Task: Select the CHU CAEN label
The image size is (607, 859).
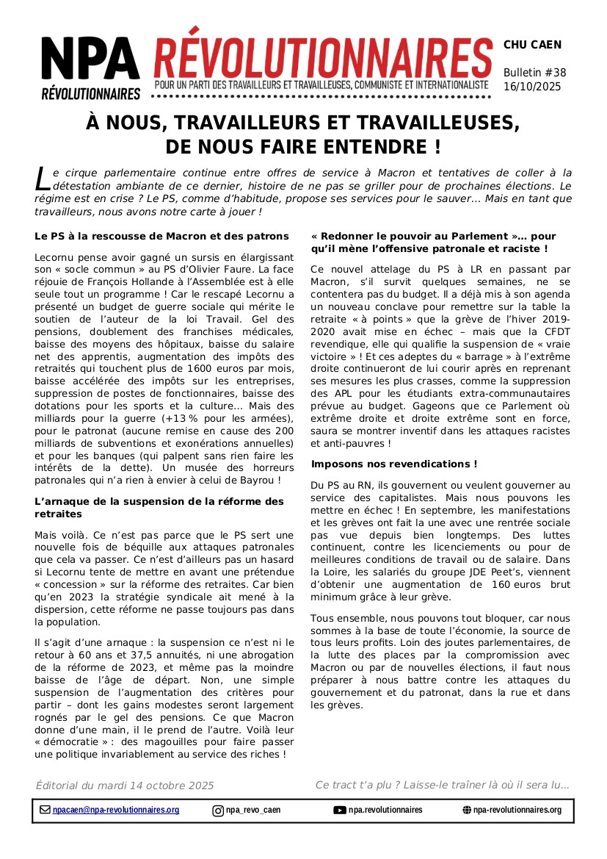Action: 532,45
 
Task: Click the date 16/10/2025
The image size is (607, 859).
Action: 532,87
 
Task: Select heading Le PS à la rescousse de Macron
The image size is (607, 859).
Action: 161,237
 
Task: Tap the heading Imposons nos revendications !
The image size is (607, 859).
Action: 394,464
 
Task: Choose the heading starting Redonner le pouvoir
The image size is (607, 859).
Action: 433,242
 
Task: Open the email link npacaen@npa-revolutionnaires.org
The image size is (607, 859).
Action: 116,811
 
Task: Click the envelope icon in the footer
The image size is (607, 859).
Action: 45,811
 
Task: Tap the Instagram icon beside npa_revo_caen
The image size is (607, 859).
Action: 218,811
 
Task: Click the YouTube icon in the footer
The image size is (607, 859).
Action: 340,811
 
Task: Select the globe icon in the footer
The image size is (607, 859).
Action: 467,811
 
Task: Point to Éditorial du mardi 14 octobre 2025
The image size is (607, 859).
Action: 125,786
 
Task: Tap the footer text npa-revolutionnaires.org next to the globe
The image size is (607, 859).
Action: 517,811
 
